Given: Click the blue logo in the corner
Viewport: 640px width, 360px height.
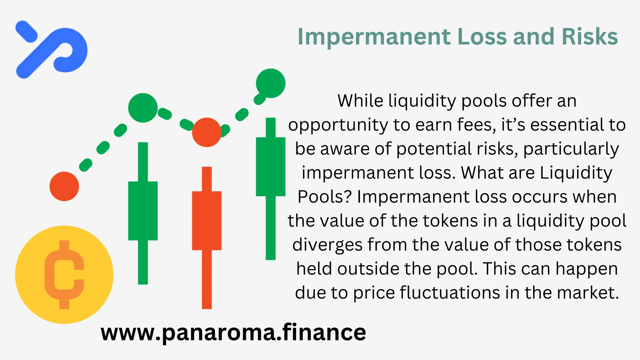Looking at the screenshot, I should (x=52, y=49).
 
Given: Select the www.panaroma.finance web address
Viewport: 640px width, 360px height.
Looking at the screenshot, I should (x=233, y=332).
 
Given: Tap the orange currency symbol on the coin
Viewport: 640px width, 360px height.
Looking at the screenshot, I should (x=64, y=275).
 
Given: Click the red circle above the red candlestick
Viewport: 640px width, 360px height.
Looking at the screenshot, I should (x=207, y=132).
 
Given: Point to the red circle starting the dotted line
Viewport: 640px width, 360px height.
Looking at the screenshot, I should (x=64, y=186).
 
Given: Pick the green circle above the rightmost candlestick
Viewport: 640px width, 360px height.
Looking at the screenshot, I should (x=271, y=83).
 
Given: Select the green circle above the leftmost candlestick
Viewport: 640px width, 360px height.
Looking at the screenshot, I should (x=143, y=108).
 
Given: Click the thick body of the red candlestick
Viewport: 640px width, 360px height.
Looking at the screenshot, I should (x=207, y=221).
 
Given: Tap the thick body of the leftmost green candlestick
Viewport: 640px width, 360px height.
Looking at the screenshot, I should (x=143, y=211).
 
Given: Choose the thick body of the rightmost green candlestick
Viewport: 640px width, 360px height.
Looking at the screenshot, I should (x=271, y=167).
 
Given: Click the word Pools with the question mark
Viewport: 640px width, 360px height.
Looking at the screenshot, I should (x=325, y=197).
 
